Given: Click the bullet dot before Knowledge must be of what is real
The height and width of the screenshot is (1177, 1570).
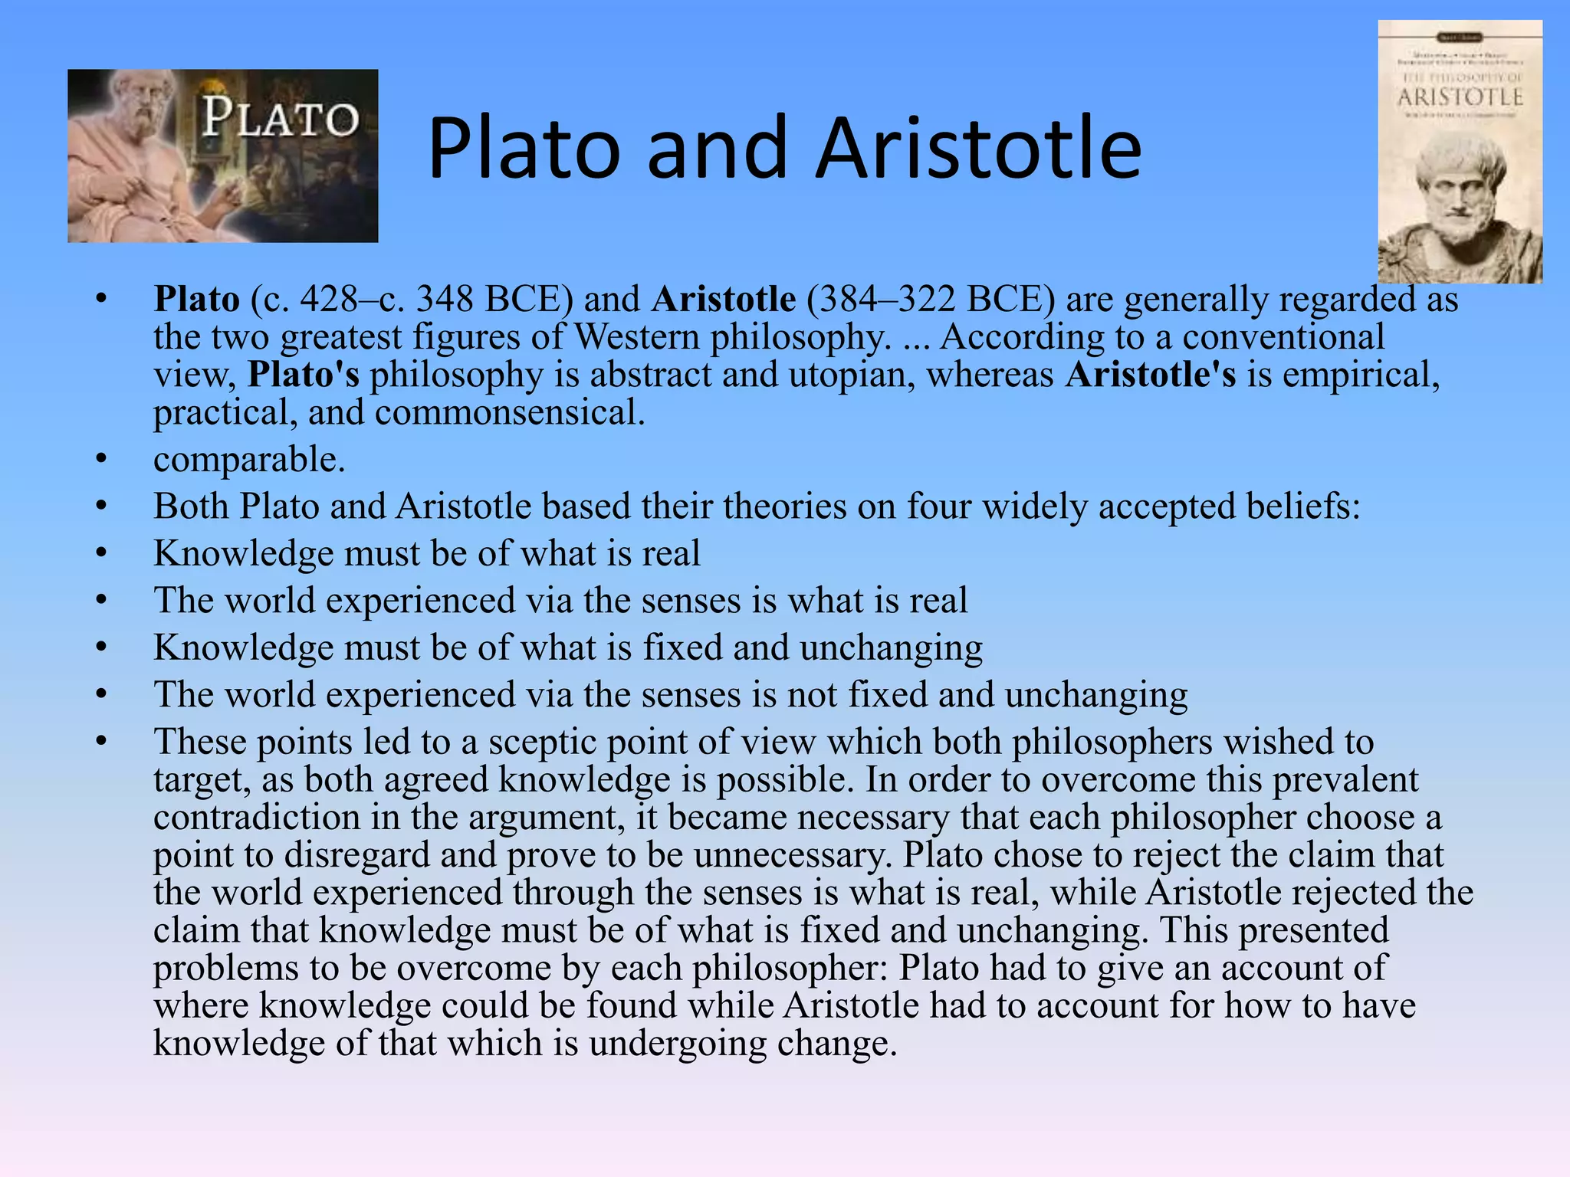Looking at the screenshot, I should (x=101, y=554).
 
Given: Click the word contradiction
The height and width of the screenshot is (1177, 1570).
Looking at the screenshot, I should (x=256, y=817).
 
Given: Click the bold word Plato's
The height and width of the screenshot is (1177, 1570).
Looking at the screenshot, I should (x=304, y=375).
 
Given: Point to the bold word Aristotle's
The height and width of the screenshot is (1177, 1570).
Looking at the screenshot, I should (x=1150, y=375).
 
